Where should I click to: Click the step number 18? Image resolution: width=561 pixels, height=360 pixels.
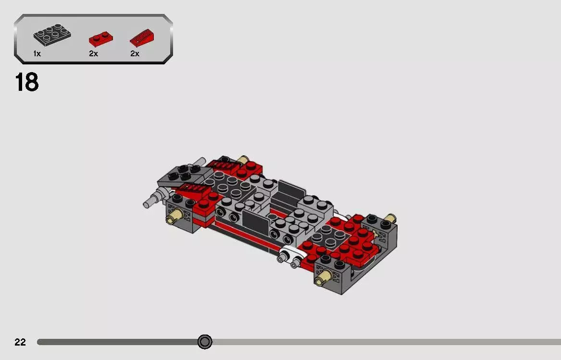(x=27, y=82)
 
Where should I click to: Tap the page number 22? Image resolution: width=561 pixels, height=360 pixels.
(x=20, y=342)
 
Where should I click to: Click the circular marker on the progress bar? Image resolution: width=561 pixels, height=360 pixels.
(x=205, y=342)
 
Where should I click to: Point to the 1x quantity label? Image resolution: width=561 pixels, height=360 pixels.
(x=37, y=54)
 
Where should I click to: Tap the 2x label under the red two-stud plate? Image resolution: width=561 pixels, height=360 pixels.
(x=93, y=54)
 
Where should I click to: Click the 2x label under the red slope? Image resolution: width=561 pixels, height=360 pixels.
(x=135, y=54)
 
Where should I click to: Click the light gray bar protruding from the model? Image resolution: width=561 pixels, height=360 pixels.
(x=153, y=200)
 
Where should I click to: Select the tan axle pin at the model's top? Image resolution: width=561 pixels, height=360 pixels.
(x=243, y=160)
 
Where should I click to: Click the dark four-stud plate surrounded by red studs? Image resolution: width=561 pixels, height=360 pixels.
(x=328, y=236)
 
